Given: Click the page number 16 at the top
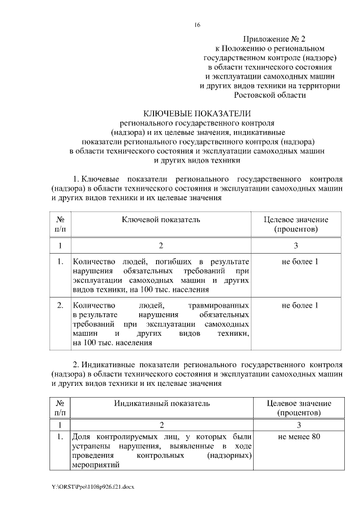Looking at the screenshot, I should pos(197,25).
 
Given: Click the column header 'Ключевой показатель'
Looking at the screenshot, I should pos(161,219).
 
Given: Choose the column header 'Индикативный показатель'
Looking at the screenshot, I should pos(162,403).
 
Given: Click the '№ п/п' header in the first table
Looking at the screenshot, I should pos(60,224).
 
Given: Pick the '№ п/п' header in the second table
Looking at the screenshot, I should pos(60,408).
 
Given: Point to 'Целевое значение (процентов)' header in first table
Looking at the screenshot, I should pos(296,224).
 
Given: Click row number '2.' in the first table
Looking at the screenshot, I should pos(60,305).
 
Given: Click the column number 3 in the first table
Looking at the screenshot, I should pos(296,246).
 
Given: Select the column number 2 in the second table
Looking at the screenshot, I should pos(161,425).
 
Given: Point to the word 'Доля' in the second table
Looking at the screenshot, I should pos(82,437).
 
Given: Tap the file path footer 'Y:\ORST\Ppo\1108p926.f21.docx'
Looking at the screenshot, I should pos(93,485).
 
